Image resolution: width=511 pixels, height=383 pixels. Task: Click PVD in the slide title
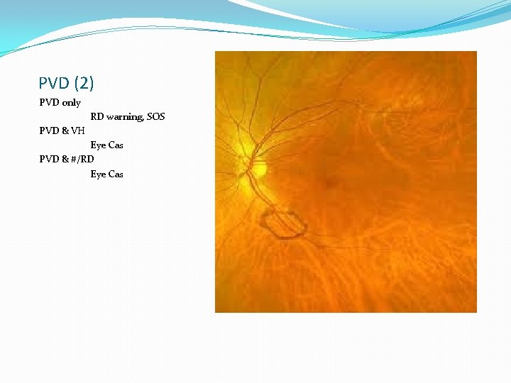(53, 84)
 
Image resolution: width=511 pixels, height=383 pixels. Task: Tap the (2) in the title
(82, 84)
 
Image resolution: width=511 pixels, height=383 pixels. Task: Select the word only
(72, 103)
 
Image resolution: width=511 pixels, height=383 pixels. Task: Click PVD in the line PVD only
(49, 103)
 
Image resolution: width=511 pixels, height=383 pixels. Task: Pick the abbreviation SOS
(155, 116)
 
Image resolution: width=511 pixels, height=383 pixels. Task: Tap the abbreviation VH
(78, 131)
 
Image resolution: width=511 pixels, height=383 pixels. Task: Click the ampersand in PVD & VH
(65, 131)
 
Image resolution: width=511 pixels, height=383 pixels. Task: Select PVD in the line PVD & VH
(49, 131)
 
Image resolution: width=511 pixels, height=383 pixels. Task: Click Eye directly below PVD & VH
(98, 145)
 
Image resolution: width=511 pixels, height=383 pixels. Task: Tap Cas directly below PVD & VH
(116, 145)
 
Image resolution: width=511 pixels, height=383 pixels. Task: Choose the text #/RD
(82, 160)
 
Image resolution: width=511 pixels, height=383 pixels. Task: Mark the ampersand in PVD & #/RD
(65, 160)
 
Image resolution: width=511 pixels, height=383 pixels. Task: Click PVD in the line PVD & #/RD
(49, 160)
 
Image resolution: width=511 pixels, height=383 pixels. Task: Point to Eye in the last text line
(98, 174)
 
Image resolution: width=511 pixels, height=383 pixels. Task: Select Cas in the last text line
(116, 174)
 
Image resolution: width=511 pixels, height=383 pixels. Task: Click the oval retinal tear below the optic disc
(284, 223)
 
